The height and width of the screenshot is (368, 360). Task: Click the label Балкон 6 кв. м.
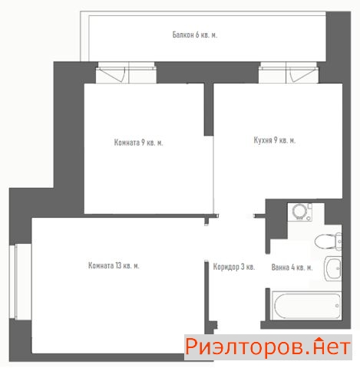(x=195, y=34)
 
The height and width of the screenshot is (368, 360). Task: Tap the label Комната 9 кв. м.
(x=138, y=143)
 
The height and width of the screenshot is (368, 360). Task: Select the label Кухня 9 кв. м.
(x=275, y=140)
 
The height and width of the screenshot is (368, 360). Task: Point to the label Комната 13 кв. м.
(x=114, y=265)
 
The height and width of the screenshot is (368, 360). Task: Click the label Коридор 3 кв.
(x=234, y=267)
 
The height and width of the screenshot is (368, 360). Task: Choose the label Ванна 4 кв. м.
(x=292, y=268)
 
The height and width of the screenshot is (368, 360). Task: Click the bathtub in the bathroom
(x=306, y=305)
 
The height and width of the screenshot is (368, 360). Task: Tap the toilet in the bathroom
(x=329, y=241)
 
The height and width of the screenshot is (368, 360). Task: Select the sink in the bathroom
(x=333, y=268)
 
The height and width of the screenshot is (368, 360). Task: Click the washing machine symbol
(x=299, y=212)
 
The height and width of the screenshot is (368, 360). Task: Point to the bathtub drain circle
(x=337, y=306)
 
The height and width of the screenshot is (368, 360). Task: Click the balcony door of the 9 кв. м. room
(x=126, y=73)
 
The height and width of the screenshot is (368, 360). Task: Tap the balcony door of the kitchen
(x=289, y=73)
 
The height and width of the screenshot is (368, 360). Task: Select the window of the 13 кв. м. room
(x=21, y=281)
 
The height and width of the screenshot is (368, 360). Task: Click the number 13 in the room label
(x=118, y=265)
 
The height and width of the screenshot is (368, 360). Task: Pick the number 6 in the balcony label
(x=197, y=34)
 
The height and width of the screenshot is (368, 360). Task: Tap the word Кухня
(x=263, y=140)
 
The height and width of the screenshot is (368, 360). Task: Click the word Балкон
(x=183, y=34)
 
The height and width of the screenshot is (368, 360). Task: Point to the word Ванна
(x=280, y=268)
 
